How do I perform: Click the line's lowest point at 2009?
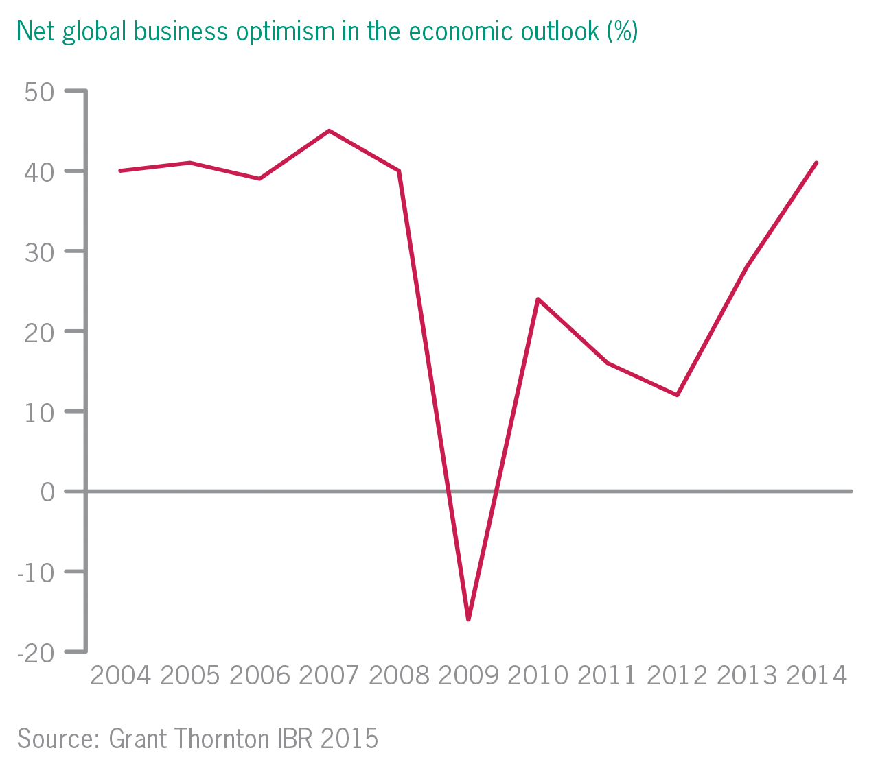[x=468, y=619]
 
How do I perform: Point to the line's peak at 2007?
[x=330, y=130]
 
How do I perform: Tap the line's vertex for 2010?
[x=538, y=299]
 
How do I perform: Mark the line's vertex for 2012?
[x=677, y=395]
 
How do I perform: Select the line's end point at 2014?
[x=816, y=163]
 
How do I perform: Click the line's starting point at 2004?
[x=120, y=170]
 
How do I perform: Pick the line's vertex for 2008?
[x=399, y=170]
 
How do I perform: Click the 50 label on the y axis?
[x=39, y=91]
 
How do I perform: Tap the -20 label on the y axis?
[x=36, y=652]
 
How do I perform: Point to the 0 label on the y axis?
[x=47, y=492]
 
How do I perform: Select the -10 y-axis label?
[x=36, y=572]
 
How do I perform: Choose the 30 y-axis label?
[x=39, y=251]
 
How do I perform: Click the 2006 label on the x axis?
[x=259, y=676]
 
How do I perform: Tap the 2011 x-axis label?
[x=607, y=676]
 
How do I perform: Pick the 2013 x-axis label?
[x=746, y=676]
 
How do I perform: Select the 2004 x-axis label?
[x=120, y=676]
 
